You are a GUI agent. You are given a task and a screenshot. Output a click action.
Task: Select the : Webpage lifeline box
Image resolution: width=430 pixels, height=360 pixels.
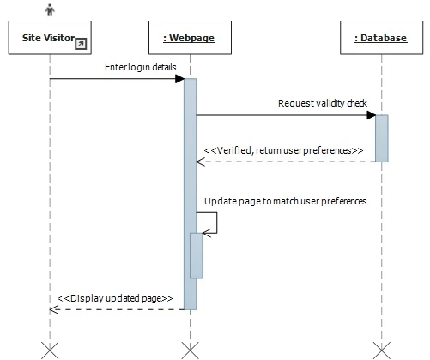point(189,39)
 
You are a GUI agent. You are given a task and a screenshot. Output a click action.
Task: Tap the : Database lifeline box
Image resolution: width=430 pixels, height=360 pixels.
point(380,39)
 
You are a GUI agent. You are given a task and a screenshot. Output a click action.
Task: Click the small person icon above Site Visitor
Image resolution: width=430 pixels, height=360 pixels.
point(50,10)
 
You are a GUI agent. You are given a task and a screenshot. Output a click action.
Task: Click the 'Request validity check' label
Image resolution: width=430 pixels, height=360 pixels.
point(322,103)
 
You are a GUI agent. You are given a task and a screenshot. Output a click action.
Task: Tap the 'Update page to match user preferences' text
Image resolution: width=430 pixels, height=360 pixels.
point(285,202)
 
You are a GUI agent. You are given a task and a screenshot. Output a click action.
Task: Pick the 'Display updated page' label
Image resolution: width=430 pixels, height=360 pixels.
point(115,298)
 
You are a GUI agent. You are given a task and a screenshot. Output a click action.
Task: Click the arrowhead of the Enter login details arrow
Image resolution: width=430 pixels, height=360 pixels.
point(179,79)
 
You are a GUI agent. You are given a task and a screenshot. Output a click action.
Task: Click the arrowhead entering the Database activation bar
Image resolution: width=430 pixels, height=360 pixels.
point(370,115)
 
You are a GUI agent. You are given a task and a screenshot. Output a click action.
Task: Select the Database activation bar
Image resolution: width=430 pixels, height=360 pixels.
point(381,137)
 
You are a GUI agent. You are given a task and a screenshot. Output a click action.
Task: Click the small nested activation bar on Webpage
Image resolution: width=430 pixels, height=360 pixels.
point(197,255)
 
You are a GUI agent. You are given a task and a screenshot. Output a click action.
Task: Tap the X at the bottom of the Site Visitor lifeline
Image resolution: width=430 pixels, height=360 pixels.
point(50,349)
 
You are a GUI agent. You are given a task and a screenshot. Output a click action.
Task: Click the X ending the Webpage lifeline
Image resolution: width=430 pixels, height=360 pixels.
point(190,349)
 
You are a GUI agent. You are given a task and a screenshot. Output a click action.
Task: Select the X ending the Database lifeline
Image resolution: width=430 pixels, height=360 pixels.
point(381,349)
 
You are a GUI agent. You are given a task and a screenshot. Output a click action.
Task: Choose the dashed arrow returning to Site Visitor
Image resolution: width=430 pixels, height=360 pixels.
point(116,309)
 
